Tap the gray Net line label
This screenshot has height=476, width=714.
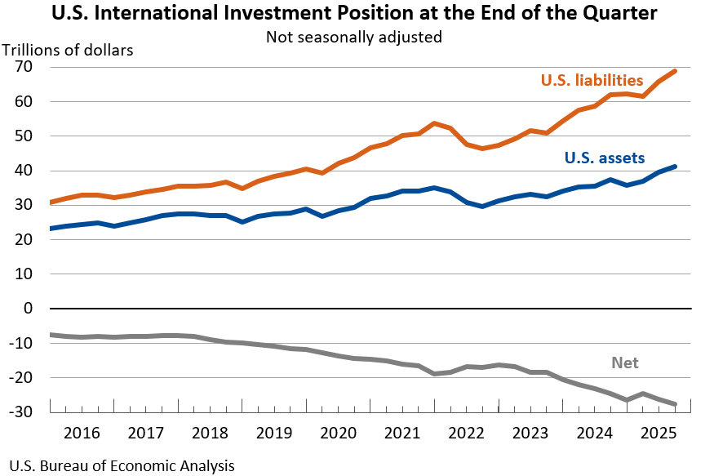click(625, 363)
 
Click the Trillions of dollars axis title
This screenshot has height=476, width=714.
click(68, 49)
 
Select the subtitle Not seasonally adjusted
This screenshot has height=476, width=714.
click(354, 37)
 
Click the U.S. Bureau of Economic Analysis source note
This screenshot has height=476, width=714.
click(118, 466)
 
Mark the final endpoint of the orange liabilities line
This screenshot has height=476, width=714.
click(675, 71)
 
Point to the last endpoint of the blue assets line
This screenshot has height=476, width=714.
click(675, 167)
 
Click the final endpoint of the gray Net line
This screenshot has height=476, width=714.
click(675, 404)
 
